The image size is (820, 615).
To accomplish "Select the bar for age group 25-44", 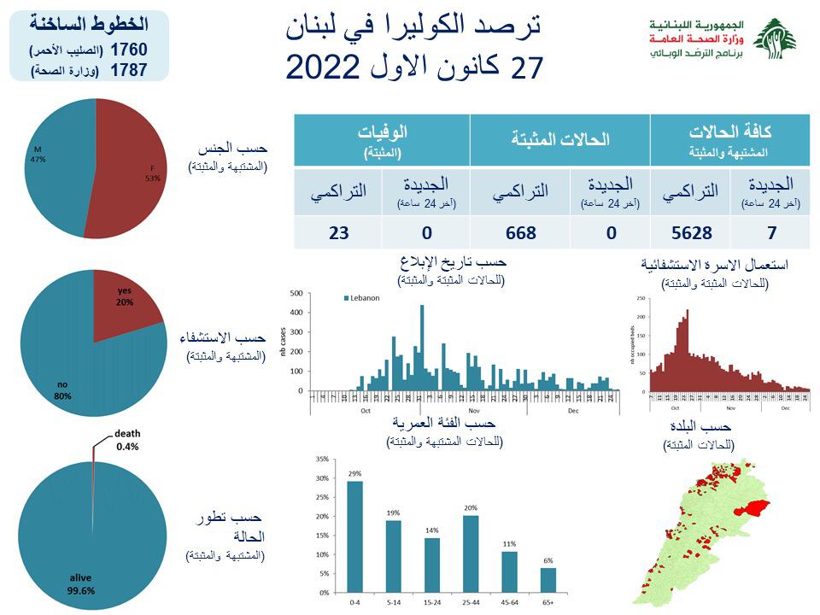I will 471,553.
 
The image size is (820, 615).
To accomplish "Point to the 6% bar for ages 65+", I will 548,580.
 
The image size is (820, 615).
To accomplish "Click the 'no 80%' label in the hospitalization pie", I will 62,390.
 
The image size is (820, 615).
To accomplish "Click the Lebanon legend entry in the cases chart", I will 363,298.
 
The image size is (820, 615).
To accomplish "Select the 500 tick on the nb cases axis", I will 298,293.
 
